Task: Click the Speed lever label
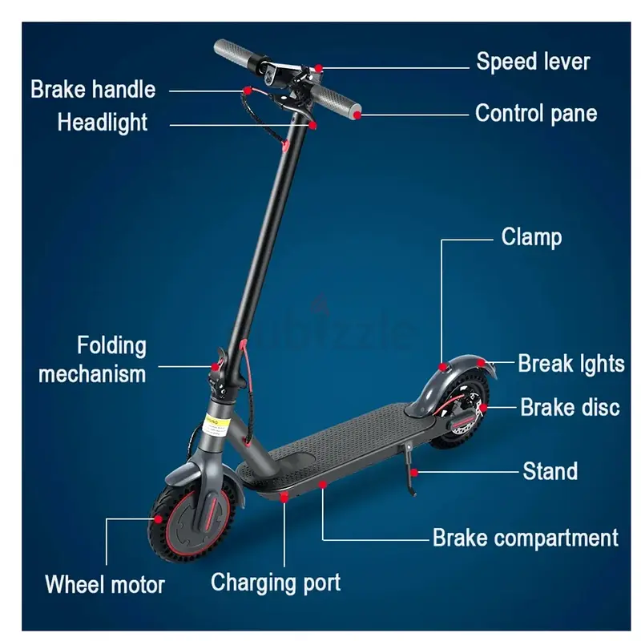coord(533,62)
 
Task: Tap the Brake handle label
coord(93,90)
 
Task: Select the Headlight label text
coord(103,123)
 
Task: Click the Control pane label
coord(536,113)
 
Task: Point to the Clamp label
coord(531,237)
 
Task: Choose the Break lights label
coord(571,364)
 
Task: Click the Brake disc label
coord(570,407)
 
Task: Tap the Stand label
coord(550,471)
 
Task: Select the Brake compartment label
coord(526,538)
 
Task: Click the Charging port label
coord(276,583)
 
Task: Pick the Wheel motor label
coord(105,585)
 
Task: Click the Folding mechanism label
coord(92,360)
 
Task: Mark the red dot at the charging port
coord(284,497)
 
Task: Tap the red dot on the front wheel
coord(158,519)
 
